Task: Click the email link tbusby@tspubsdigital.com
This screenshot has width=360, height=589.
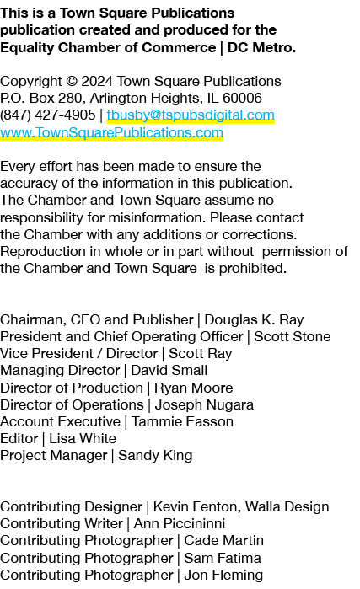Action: click(x=191, y=115)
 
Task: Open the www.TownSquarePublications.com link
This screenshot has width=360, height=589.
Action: click(x=111, y=132)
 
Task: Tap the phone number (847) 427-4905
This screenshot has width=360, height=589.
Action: click(x=48, y=115)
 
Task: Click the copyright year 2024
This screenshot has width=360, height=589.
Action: click(x=97, y=81)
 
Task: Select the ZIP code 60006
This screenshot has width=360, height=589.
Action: click(x=242, y=98)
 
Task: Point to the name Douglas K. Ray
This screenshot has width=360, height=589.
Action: click(x=254, y=319)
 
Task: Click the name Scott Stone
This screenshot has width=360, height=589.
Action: click(x=293, y=336)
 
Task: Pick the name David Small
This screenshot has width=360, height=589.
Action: click(x=169, y=371)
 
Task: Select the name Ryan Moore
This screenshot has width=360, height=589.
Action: click(x=194, y=388)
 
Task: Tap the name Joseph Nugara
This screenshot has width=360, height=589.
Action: click(x=204, y=405)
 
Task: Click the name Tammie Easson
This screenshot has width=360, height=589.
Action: click(x=182, y=421)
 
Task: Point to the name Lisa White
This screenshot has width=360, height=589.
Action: click(x=83, y=438)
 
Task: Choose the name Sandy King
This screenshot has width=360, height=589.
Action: click(x=155, y=456)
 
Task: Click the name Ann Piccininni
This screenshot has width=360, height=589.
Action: click(x=180, y=523)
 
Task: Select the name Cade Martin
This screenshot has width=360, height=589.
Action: click(x=224, y=540)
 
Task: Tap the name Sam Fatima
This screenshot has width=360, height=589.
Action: click(x=223, y=558)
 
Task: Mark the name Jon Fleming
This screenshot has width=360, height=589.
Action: click(x=223, y=576)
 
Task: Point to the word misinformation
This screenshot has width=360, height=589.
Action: click(x=157, y=217)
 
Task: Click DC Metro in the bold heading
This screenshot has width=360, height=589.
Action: click(x=261, y=48)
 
